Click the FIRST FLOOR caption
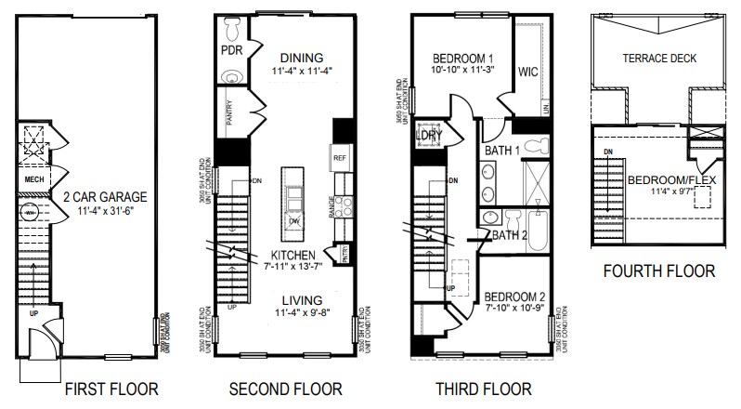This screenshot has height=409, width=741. [x=110, y=389]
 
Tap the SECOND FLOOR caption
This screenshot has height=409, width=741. [x=287, y=389]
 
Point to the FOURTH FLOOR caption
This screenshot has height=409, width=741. [x=659, y=271]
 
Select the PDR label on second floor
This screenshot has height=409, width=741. [x=231, y=49]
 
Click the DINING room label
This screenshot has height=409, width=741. [x=302, y=57]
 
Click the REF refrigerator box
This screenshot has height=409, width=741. [x=339, y=159]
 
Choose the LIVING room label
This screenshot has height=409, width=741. [x=303, y=300]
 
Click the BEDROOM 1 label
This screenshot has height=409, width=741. [x=455, y=57]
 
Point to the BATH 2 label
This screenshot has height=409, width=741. [x=510, y=235]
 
